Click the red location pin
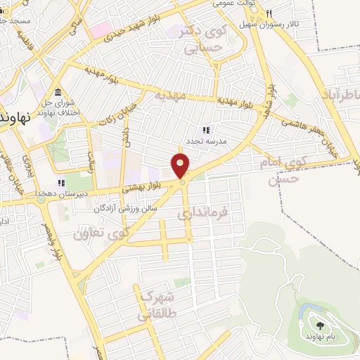(181, 166)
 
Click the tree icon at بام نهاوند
(321, 326)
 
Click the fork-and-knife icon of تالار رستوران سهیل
(268, 13)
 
